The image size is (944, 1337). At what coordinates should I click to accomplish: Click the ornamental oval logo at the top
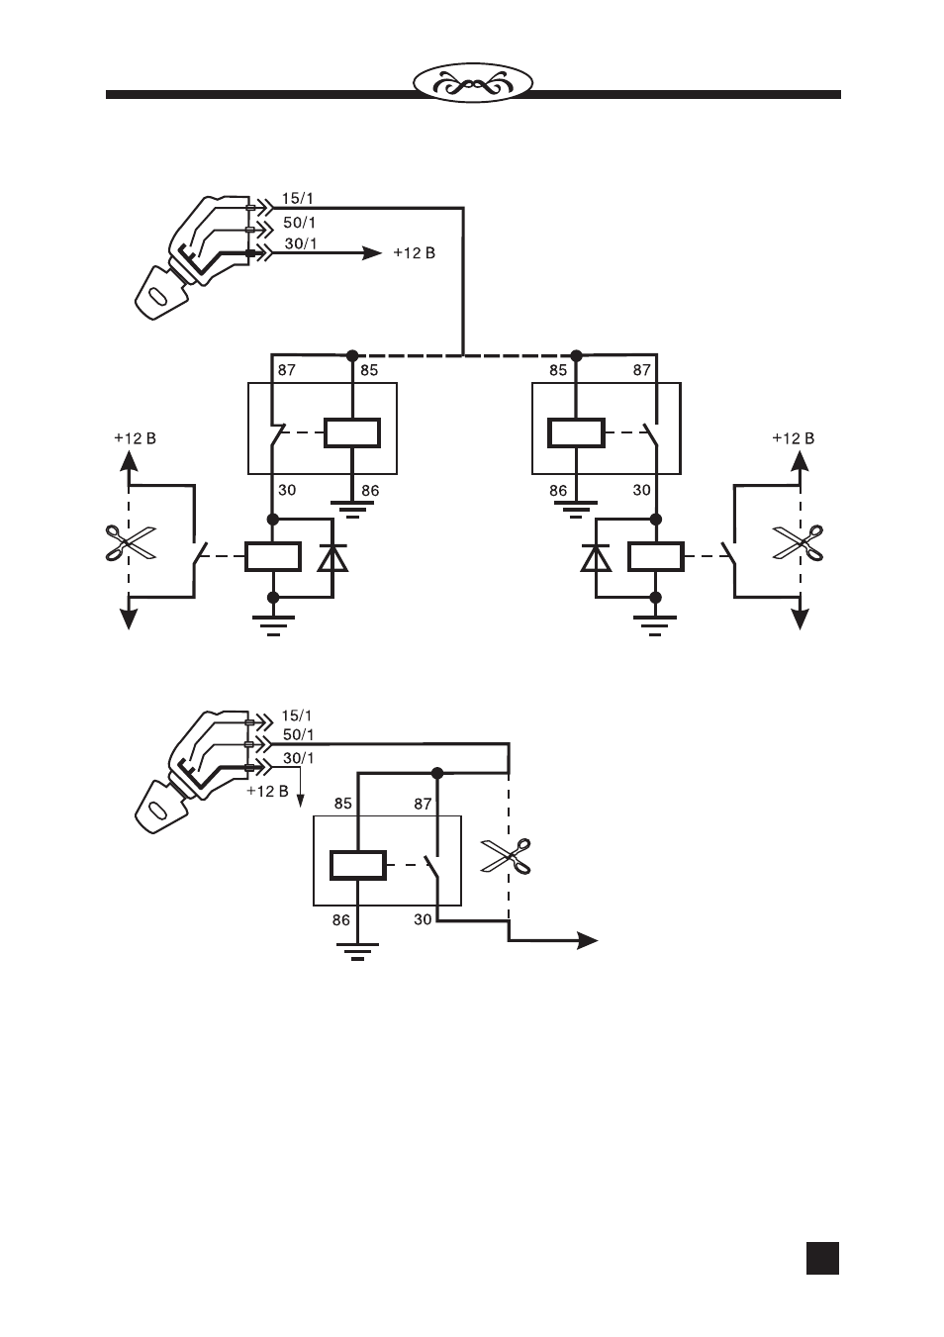click(473, 83)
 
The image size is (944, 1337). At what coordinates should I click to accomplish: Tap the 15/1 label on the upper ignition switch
click(297, 198)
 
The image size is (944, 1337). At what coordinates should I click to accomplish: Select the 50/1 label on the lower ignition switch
click(299, 734)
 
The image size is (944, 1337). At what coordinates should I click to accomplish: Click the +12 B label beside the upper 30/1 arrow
click(415, 253)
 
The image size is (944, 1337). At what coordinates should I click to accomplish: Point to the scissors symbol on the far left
click(130, 542)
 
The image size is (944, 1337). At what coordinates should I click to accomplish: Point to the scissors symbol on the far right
click(798, 542)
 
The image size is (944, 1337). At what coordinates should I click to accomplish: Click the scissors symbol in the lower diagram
click(506, 856)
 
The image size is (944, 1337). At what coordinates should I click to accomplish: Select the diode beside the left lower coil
click(332, 558)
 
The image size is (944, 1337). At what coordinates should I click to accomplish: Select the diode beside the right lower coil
click(596, 558)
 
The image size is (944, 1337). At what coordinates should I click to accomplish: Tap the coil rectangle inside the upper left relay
click(352, 432)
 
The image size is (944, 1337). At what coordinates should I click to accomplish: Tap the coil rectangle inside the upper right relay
click(577, 432)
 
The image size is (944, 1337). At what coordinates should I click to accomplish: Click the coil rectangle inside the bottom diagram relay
click(358, 866)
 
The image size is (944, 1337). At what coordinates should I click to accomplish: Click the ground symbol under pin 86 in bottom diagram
click(357, 951)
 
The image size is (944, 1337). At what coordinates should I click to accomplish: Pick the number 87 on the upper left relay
click(286, 370)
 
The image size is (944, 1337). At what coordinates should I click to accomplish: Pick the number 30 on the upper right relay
click(641, 490)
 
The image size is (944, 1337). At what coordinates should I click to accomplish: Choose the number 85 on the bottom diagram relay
click(343, 804)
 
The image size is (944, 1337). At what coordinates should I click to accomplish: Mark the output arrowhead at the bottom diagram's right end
click(588, 941)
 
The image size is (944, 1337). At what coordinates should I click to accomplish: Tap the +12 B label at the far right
click(793, 438)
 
